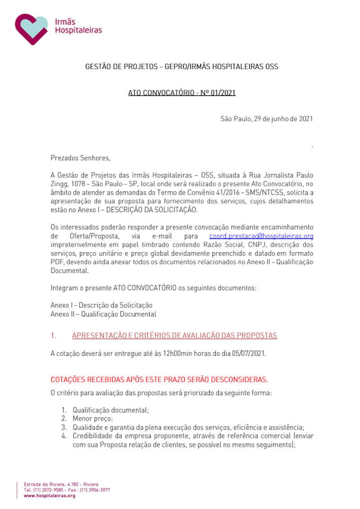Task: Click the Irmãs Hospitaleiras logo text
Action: click(x=78, y=27)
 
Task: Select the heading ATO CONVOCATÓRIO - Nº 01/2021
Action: click(x=182, y=93)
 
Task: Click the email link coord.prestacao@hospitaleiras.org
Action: click(x=261, y=236)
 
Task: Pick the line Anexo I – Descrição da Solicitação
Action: click(x=101, y=305)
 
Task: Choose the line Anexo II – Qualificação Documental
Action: click(x=103, y=314)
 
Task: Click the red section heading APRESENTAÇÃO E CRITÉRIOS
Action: click(x=174, y=335)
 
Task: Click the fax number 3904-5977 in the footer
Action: click(x=99, y=490)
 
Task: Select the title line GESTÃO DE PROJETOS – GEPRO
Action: click(x=182, y=67)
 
